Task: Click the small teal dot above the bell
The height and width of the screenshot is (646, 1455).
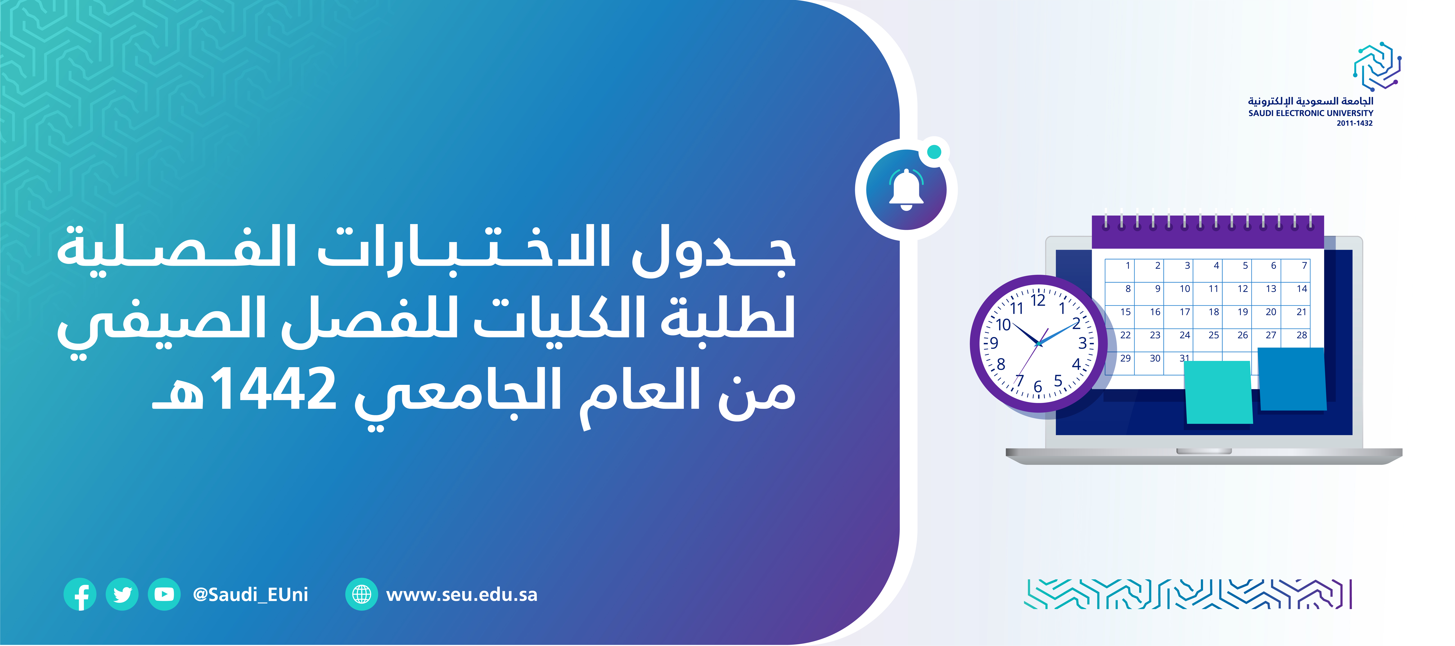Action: [x=935, y=151]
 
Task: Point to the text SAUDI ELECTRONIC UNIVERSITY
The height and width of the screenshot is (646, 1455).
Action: [x=1310, y=113]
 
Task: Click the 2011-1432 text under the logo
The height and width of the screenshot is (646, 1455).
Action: [x=1354, y=123]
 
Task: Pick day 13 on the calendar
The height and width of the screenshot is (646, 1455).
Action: [x=1271, y=289]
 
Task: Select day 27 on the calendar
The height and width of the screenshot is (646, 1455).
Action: [x=1271, y=335]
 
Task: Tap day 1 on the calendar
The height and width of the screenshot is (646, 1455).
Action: [x=1128, y=265]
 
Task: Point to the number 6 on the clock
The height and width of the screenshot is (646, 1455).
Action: [x=1038, y=387]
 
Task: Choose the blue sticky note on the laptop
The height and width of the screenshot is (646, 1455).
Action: [x=1292, y=379]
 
